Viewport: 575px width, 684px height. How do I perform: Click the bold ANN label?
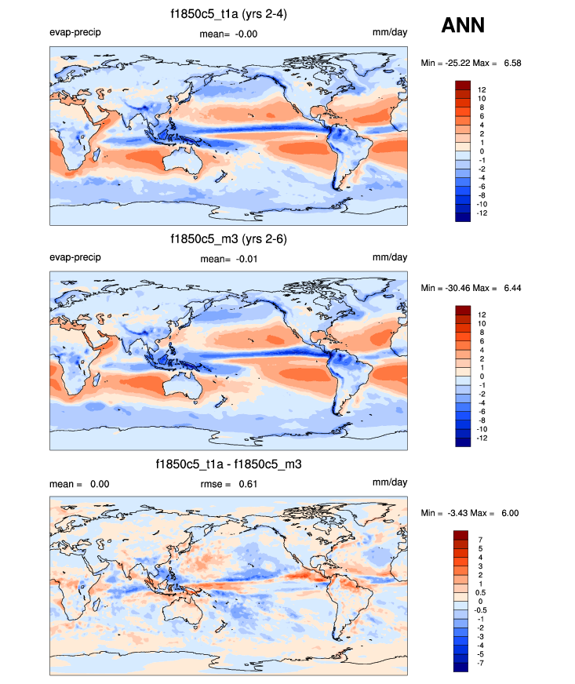point(463,26)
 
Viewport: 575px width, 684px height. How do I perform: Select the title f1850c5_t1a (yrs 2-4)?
point(228,14)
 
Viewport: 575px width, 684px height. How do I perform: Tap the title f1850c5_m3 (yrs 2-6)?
point(228,239)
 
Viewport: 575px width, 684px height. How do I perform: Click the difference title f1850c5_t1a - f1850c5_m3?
point(228,465)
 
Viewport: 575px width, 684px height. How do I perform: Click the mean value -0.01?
point(246,259)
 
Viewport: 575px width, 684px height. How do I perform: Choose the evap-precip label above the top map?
point(75,33)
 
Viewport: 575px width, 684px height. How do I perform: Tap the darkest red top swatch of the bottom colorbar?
point(461,535)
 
